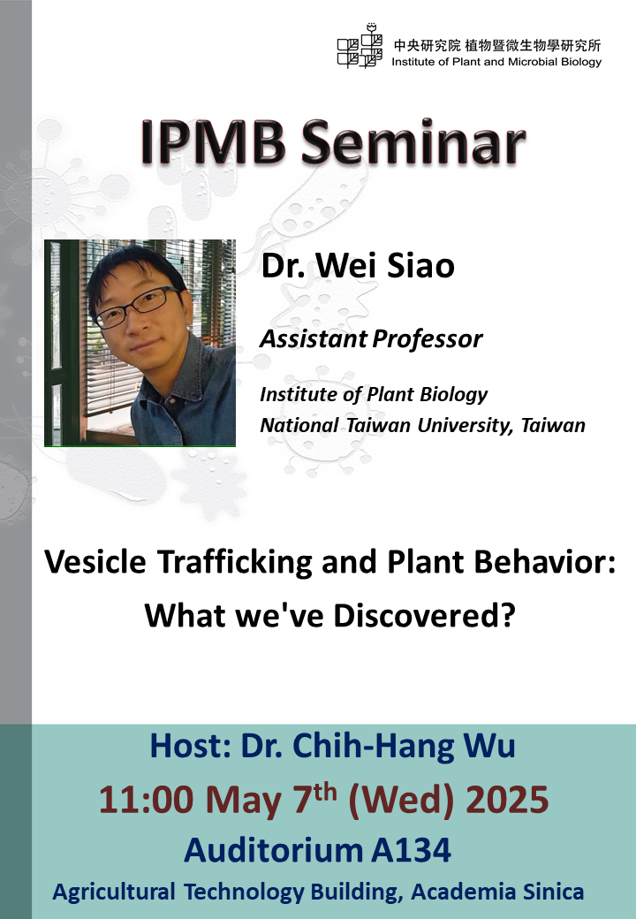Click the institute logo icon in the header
pos(360,46)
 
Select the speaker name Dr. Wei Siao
pos(358,265)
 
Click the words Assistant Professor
pos(371,338)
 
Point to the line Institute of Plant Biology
pos(373,394)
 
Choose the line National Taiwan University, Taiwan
pos(422,425)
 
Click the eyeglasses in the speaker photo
pos(138,307)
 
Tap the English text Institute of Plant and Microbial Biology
pos(496,62)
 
